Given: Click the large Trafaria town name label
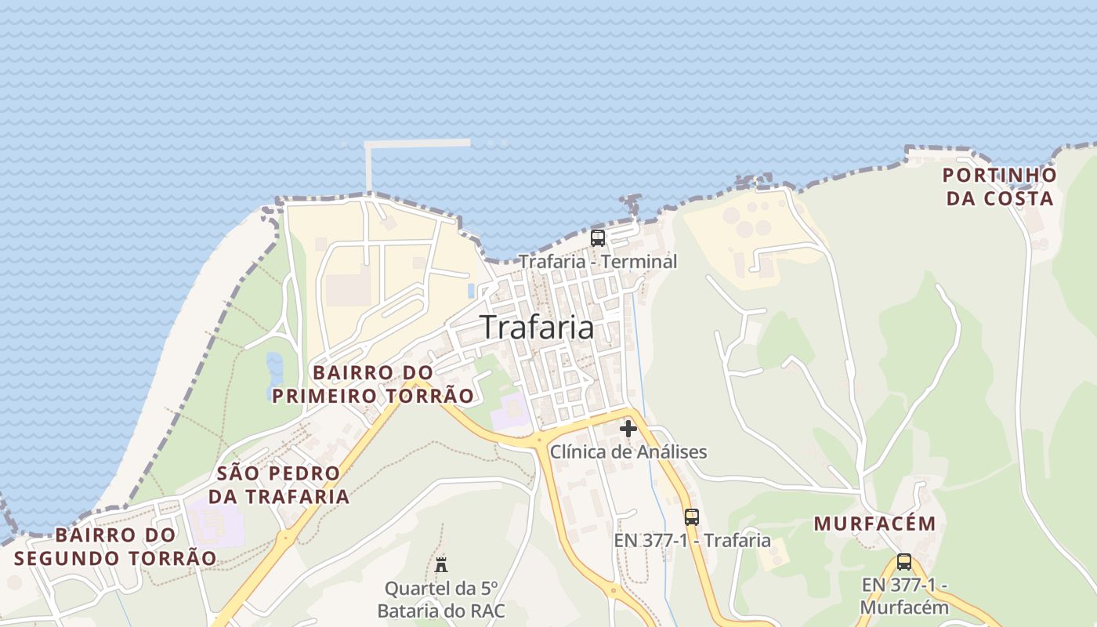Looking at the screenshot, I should pyautogui.click(x=537, y=327).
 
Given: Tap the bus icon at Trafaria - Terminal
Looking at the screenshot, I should pyautogui.click(x=598, y=238).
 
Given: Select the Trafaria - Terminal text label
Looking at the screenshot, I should pyautogui.click(x=598, y=261).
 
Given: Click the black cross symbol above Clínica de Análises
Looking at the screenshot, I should pyautogui.click(x=628, y=429).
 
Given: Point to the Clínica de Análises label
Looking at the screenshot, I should pyautogui.click(x=628, y=452).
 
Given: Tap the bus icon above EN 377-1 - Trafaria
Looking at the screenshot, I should pyautogui.click(x=691, y=517).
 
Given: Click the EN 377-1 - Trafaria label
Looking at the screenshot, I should pyautogui.click(x=692, y=540).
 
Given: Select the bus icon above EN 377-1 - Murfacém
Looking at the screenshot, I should pyautogui.click(x=904, y=562).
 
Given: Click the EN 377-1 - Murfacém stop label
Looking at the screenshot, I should pyautogui.click(x=904, y=596).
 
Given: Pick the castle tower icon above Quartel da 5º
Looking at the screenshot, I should pyautogui.click(x=441, y=564).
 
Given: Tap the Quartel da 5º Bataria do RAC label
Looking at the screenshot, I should pyautogui.click(x=441, y=600).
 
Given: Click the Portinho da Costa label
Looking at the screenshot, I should pyautogui.click(x=999, y=187).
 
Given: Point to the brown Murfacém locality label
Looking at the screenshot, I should pyautogui.click(x=874, y=524).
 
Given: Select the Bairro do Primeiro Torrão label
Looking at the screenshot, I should pyautogui.click(x=373, y=384).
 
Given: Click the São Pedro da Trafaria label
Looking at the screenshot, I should pyautogui.click(x=278, y=484).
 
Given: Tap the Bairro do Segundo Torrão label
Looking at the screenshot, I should pyautogui.click(x=115, y=547).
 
